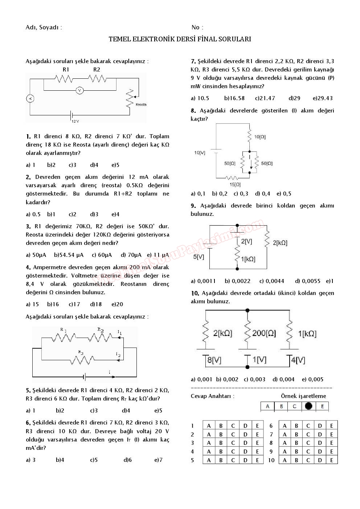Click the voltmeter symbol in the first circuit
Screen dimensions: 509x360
[79, 90]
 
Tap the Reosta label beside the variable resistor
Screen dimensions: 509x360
[141, 104]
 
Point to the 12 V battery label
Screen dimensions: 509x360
[75, 121]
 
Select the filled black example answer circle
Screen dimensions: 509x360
[308, 406]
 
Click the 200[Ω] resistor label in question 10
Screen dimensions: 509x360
[264, 333]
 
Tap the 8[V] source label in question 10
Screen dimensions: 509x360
[214, 360]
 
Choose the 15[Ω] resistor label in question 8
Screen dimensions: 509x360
[235, 185]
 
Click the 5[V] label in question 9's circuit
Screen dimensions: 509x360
[199, 257]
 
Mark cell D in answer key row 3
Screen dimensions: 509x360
[245, 443]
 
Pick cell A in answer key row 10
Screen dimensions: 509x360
[285, 460]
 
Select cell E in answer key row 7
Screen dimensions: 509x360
[331, 434]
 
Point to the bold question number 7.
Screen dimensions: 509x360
[193, 61]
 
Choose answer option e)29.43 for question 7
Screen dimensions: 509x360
[323, 98]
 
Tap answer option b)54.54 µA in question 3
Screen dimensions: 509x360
[69, 255]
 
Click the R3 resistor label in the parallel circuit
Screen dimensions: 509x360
[81, 352]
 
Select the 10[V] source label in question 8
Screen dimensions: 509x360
[200, 153]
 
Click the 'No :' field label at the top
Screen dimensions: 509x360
[197, 28]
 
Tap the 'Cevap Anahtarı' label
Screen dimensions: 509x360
[212, 396]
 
